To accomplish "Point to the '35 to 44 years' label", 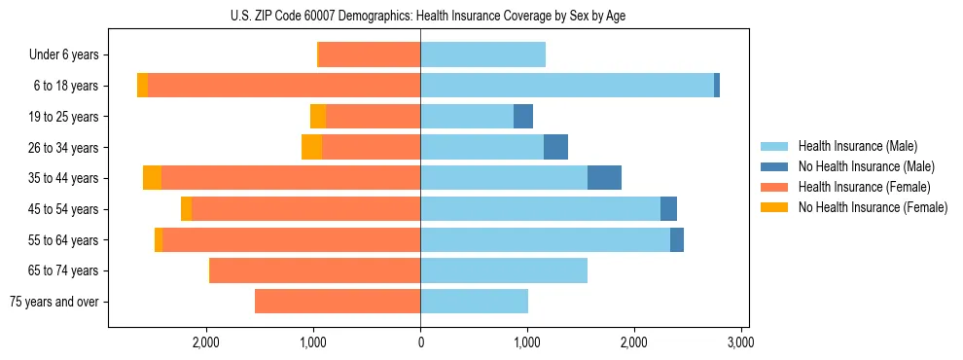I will [x=63, y=178].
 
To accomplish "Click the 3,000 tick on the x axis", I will [x=740, y=342].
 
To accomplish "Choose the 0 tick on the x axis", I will [x=420, y=342].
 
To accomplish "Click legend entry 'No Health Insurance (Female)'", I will [x=873, y=207].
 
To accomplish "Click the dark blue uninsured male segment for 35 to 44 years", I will [x=604, y=178].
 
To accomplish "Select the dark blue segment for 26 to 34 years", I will [x=555, y=147].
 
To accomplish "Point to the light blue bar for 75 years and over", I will [x=474, y=302].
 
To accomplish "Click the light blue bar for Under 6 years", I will [x=482, y=54].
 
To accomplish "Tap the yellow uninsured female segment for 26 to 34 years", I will [x=311, y=147].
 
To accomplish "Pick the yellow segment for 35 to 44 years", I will [x=152, y=178].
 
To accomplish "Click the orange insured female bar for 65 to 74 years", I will [x=315, y=270].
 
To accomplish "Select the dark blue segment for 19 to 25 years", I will [x=523, y=116].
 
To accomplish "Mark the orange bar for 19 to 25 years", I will [x=373, y=116].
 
